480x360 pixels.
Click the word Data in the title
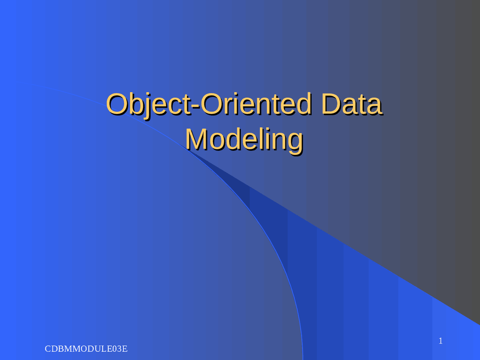click(351, 104)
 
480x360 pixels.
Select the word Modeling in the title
click(244, 139)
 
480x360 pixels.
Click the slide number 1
click(441, 341)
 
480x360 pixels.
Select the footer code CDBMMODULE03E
click(86, 349)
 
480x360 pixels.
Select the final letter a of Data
click(373, 106)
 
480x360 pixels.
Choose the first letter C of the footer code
click(48, 349)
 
